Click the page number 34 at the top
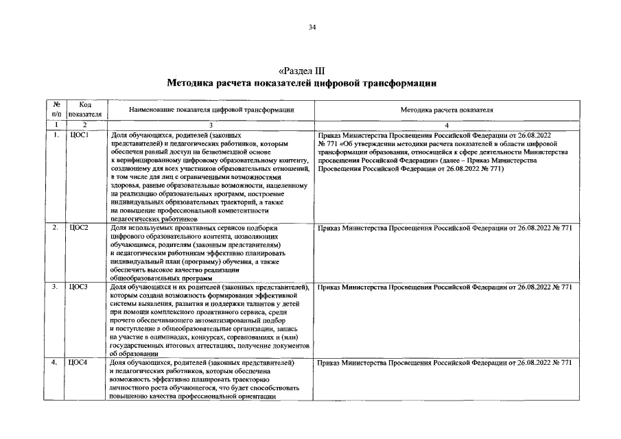click(x=312, y=27)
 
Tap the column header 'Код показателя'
click(x=86, y=109)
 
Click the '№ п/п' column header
click(x=56, y=109)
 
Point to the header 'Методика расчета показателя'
click(x=447, y=110)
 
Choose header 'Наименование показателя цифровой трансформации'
click(x=211, y=110)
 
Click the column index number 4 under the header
click(x=447, y=125)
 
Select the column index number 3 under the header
click(x=211, y=125)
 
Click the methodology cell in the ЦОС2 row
click(x=445, y=228)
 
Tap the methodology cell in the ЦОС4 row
click(x=445, y=362)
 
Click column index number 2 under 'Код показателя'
click(x=86, y=125)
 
